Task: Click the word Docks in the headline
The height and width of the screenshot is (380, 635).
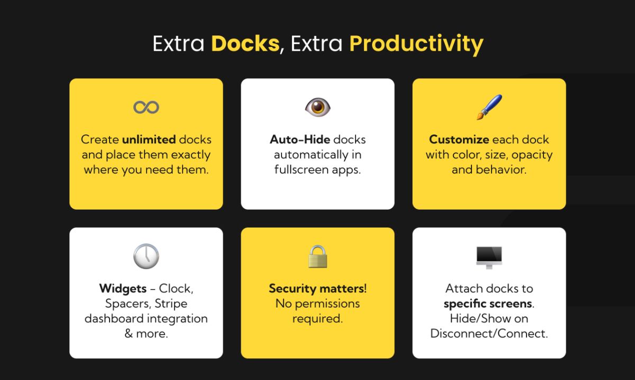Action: (x=244, y=43)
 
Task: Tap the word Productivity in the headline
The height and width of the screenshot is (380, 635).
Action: (x=416, y=43)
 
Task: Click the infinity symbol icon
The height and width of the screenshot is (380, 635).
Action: (x=146, y=107)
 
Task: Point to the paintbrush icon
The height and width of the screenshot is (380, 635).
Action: (x=489, y=106)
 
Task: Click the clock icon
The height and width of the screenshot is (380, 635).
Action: (x=146, y=257)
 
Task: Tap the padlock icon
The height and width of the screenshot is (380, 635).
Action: (x=317, y=257)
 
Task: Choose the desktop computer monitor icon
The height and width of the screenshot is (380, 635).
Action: (x=489, y=257)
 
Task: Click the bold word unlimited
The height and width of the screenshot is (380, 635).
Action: (x=149, y=140)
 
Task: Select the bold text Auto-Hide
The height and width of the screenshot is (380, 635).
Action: (x=300, y=140)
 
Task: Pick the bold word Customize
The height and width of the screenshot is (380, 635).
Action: (x=459, y=140)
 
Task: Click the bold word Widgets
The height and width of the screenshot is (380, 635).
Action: (x=123, y=289)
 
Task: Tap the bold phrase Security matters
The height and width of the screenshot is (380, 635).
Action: (x=316, y=289)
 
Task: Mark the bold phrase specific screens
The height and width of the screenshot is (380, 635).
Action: (x=488, y=304)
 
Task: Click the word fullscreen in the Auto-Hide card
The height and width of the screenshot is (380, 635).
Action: (x=302, y=170)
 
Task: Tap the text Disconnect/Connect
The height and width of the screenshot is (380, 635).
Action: (x=489, y=334)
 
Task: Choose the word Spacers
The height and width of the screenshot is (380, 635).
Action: (x=126, y=304)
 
